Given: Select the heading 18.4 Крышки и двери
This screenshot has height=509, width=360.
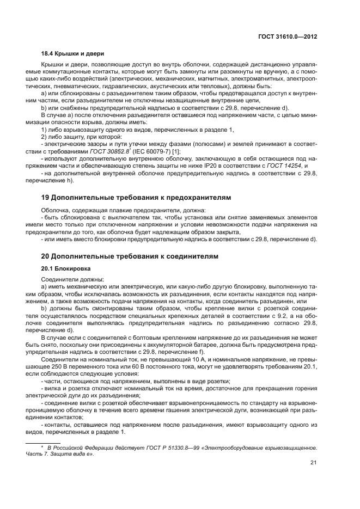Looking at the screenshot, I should tap(73, 53).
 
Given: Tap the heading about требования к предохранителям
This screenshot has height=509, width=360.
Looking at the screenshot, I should tap(136, 197).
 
